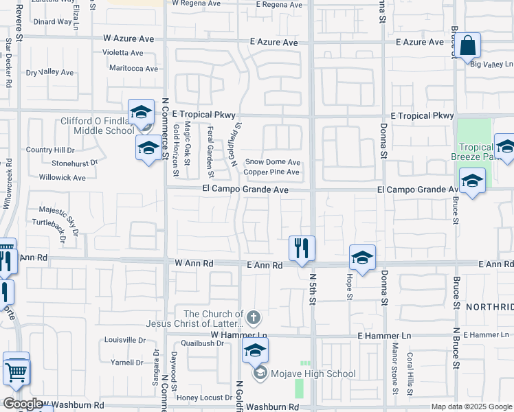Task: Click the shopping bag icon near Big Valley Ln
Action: (467, 46)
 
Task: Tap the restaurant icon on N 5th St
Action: (300, 249)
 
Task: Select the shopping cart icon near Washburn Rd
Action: (16, 371)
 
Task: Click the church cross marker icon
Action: (254, 317)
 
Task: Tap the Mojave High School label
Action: (313, 374)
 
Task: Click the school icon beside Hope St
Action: (361, 257)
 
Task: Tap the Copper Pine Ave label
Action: (272, 172)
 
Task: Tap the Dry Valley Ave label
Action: (49, 72)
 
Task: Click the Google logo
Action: (23, 404)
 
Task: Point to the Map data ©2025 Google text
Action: (470, 407)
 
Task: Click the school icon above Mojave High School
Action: (254, 351)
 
